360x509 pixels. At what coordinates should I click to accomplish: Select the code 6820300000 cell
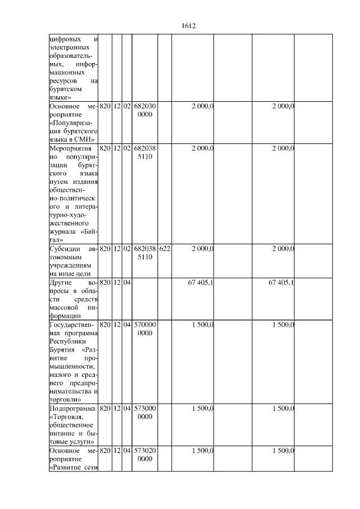[145, 110]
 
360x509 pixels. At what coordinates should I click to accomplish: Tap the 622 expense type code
[164, 249]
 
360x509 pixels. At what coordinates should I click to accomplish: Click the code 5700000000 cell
[145, 329]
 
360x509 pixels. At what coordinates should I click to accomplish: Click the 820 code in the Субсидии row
[105, 249]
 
